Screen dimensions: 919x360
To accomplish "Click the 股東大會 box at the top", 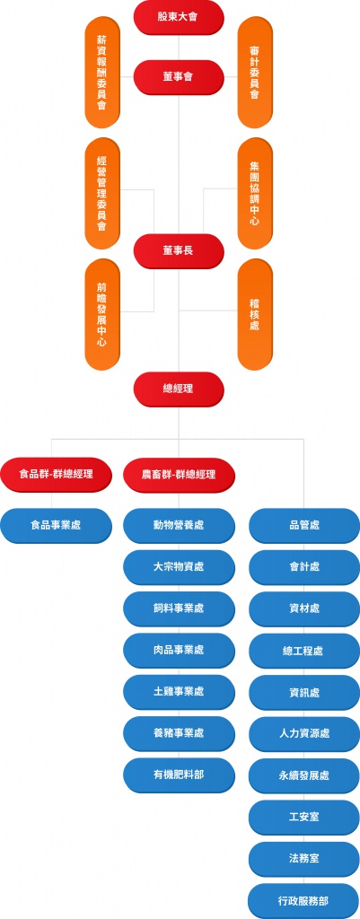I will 179,17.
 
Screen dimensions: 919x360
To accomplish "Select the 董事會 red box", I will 179,76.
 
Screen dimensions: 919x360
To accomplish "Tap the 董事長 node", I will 179,250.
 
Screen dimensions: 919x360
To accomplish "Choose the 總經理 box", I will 179,389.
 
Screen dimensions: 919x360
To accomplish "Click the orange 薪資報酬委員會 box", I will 102,73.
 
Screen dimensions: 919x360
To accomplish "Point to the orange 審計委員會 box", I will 255,73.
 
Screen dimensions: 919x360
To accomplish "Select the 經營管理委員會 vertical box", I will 102,194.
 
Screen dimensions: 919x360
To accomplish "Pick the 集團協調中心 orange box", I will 255,194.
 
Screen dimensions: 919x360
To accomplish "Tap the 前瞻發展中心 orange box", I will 102,314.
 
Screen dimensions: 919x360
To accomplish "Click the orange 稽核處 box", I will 255,314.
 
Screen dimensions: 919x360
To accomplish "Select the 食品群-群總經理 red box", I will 56,473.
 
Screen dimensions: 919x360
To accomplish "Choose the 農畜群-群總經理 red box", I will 179,473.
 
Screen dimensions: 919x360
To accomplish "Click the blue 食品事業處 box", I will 56,525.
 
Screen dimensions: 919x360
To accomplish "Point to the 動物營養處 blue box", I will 179,525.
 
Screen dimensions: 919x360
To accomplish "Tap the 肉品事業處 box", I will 179,650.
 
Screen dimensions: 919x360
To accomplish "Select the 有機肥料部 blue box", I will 179,774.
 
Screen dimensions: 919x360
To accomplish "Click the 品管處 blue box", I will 304,525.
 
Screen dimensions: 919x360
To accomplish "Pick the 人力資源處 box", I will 304,733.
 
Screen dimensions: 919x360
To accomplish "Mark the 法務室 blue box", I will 304,858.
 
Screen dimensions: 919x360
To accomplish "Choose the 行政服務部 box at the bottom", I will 304,899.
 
